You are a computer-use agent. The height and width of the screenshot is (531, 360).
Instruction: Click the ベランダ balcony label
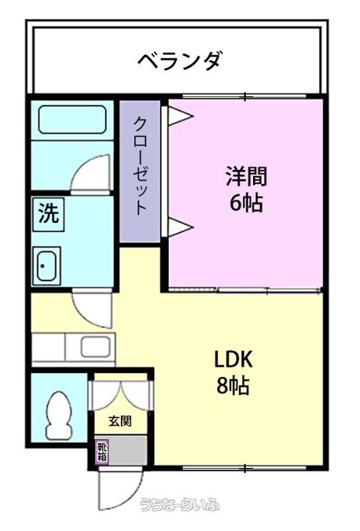click(180, 61)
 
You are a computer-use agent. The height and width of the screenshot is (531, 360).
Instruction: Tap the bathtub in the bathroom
click(72, 119)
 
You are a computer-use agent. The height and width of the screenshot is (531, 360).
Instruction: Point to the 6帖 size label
click(246, 203)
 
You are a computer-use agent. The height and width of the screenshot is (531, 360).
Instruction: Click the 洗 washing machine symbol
click(48, 214)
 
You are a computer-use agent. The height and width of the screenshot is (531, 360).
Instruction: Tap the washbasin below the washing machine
click(46, 266)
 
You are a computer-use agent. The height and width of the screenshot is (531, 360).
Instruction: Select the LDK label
click(233, 359)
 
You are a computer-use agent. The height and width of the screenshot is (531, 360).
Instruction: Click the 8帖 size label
click(233, 386)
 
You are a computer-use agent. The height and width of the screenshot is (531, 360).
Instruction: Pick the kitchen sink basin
click(95, 346)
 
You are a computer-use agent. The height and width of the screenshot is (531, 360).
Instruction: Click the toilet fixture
click(59, 416)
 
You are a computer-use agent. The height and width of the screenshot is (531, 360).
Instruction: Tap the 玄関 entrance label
click(120, 421)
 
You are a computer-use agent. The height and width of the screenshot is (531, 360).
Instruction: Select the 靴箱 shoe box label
click(102, 452)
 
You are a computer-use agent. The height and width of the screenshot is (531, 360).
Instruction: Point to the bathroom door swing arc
click(85, 169)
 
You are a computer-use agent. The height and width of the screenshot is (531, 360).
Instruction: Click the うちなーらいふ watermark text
click(180, 504)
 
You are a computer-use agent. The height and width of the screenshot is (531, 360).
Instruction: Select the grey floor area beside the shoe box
click(128, 450)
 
